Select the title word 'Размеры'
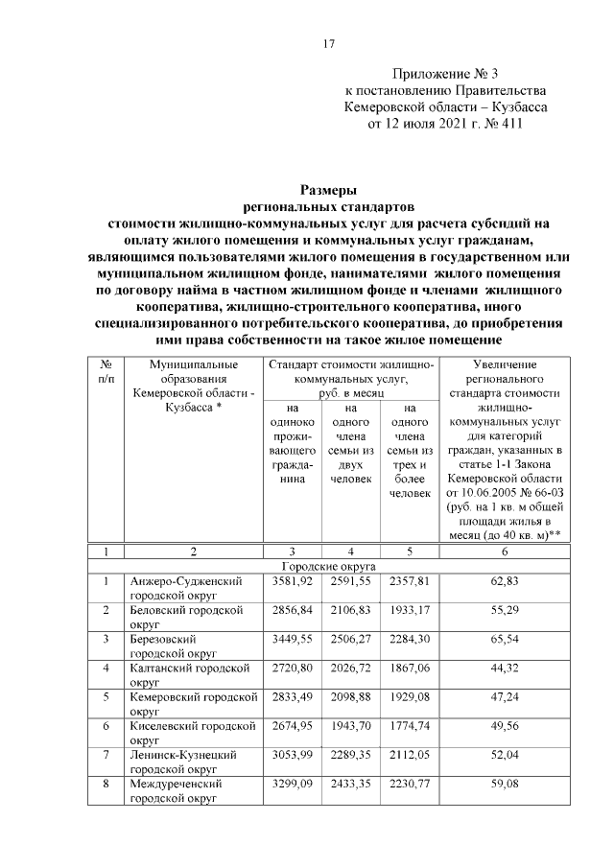tap(328, 190)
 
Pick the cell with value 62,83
tap(505, 580)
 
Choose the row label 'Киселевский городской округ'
tap(189, 732)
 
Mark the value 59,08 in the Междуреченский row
tap(505, 783)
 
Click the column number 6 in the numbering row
tap(505, 551)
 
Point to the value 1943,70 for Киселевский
tap(349, 725)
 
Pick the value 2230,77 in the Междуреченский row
tap(410, 783)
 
